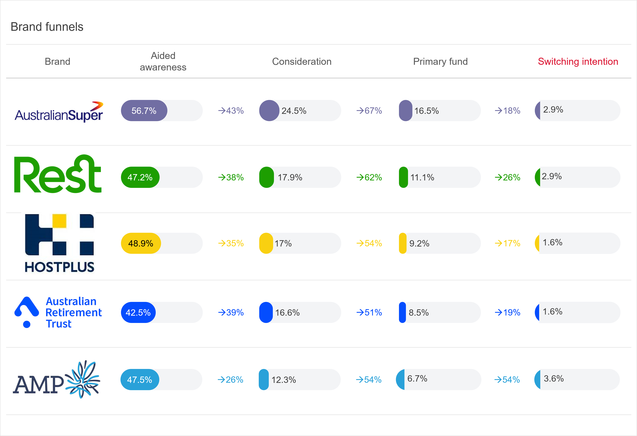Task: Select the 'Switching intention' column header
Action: pyautogui.click(x=578, y=62)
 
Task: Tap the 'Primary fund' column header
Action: pyautogui.click(x=440, y=62)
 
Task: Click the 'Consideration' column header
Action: pyautogui.click(x=301, y=62)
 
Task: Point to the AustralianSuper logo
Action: pyautogui.click(x=59, y=112)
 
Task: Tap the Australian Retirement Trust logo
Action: pyautogui.click(x=58, y=312)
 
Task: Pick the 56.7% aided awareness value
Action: pyautogui.click(x=144, y=111)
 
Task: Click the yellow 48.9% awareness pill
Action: pyautogui.click(x=141, y=243)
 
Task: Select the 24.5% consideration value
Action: pyautogui.click(x=294, y=111)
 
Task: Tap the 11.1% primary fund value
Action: pyautogui.click(x=422, y=177)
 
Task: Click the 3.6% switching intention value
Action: pyautogui.click(x=553, y=379)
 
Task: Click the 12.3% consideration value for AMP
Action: pyautogui.click(x=283, y=380)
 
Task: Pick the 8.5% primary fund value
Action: pyautogui.click(x=419, y=312)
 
